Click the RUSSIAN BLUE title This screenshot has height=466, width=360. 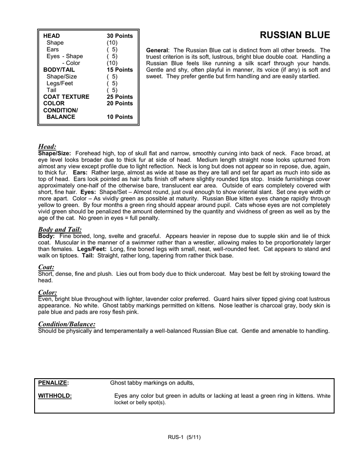294,35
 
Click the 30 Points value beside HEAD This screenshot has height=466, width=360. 120,35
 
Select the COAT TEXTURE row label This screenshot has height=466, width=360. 66,97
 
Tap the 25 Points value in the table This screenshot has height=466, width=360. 120,97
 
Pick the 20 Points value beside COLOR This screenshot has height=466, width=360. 120,103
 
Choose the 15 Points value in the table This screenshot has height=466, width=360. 120,70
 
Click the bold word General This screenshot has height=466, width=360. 157,50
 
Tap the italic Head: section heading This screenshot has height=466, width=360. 47,147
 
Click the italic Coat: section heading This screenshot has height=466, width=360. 46,267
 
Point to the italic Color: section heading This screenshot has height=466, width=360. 47,292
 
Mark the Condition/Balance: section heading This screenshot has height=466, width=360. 67,324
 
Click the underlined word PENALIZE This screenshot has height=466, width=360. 53,382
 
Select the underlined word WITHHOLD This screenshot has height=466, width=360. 55,396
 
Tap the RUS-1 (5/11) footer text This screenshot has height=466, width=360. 184,438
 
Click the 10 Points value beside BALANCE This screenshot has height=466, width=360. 120,117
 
